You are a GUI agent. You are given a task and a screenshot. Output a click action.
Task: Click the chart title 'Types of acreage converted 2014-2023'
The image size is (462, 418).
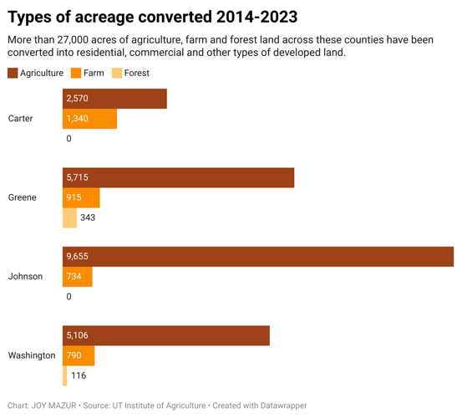152,17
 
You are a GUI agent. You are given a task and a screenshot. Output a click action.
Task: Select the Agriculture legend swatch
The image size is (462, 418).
13,74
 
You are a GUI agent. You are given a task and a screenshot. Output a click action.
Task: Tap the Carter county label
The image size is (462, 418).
21,119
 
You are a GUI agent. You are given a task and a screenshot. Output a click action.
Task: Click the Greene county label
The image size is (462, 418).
22,197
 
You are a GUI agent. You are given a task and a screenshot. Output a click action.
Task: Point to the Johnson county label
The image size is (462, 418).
25,276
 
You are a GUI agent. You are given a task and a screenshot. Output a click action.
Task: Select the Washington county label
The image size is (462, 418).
32,355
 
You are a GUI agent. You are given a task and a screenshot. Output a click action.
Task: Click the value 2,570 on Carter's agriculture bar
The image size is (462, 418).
77,99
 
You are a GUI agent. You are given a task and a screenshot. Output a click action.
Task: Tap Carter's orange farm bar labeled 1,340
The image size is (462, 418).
89,119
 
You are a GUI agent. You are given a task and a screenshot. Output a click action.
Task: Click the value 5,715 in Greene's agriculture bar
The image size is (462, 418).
77,178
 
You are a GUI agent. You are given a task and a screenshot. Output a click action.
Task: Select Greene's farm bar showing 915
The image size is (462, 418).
81,197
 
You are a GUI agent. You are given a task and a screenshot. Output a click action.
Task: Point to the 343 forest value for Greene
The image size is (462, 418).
88,217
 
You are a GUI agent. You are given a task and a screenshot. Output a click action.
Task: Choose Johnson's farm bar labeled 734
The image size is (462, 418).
77,276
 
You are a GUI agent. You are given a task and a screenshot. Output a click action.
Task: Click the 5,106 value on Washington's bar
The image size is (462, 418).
77,336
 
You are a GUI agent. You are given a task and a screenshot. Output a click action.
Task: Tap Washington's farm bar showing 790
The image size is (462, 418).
79,355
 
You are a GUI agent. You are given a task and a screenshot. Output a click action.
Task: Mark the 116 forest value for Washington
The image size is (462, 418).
79,375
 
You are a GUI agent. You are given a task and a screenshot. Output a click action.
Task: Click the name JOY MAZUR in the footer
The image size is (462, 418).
53,405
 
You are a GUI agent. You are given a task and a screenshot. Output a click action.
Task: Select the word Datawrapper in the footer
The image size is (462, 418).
279,405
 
